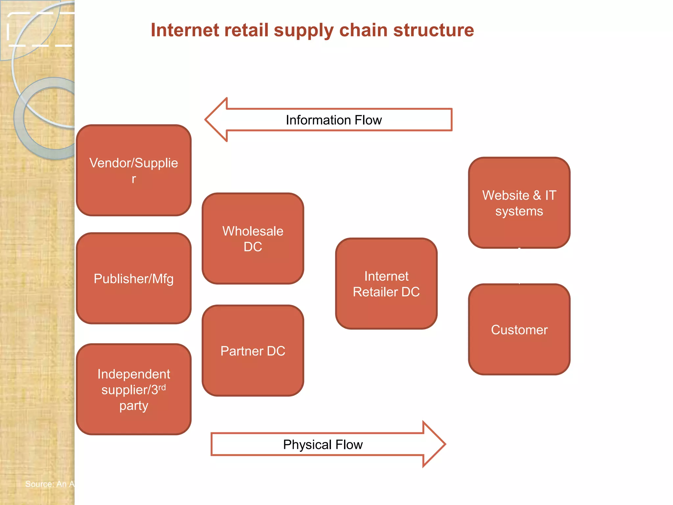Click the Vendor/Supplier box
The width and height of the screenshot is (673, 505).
point(133,170)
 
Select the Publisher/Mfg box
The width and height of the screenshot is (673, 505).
point(133,278)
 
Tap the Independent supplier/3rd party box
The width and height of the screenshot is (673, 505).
point(133,389)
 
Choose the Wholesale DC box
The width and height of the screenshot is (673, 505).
point(253,238)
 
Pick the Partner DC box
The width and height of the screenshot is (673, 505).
point(253,350)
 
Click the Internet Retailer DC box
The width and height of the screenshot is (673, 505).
point(386,283)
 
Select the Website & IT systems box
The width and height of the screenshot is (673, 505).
point(519,203)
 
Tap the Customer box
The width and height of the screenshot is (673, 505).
point(519,329)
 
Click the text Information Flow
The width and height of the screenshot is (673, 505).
point(334,120)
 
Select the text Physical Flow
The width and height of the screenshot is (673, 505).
point(323,445)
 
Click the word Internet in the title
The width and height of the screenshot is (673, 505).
point(185,30)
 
